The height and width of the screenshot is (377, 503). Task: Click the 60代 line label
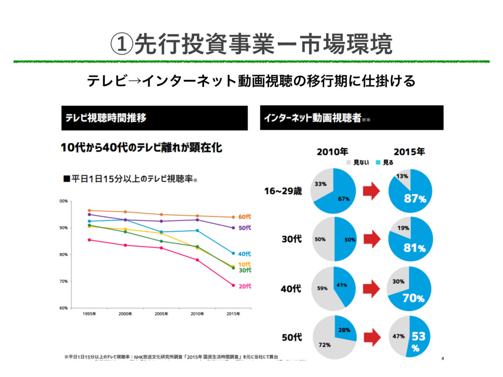pos(245,216)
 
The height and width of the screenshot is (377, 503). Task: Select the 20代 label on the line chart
pos(245,286)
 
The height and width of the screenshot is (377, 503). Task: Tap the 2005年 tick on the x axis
pos(161,314)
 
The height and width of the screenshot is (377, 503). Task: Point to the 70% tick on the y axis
pos(63,281)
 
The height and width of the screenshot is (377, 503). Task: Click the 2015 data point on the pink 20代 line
pos(233,285)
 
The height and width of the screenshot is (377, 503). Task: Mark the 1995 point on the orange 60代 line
pos(89,210)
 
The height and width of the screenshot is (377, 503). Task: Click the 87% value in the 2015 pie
pos(415,199)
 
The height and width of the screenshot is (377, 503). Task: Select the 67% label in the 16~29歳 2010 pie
pos(343,199)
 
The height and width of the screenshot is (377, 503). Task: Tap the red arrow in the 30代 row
pos(371,239)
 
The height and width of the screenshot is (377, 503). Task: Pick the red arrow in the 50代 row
pos(371,337)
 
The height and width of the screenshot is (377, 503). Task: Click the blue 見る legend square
pos(379,162)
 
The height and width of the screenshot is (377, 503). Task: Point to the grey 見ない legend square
pos(349,162)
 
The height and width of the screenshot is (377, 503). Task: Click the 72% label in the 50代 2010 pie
pos(324,345)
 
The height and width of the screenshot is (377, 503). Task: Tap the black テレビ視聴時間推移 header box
pos(154,118)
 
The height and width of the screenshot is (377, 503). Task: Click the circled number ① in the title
pos(121,45)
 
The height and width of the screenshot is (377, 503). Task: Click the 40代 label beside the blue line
pos(245,254)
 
